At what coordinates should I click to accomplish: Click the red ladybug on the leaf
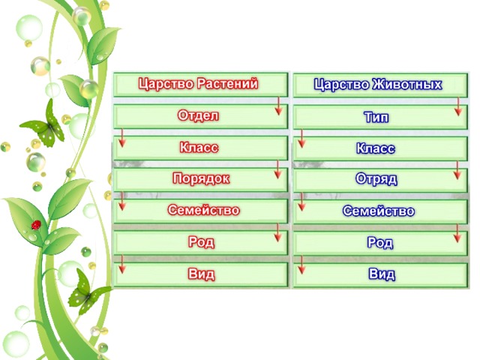coord(37,225)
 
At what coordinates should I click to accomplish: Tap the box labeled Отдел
coord(200,116)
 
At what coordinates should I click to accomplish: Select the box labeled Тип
coord(380,117)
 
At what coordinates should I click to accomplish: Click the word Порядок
coord(201,178)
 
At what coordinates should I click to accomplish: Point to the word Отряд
coord(376,178)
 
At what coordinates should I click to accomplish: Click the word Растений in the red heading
coord(227,83)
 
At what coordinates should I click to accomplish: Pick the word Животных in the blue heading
coord(407,84)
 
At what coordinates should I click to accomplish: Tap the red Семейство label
coord(203,210)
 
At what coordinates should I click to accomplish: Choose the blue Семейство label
coord(379,211)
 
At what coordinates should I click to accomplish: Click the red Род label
coord(201,241)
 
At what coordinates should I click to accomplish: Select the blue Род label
coord(380,243)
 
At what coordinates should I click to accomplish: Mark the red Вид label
coord(201,274)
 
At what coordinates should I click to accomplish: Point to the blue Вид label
coord(382,274)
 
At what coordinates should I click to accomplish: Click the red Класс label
coord(199,147)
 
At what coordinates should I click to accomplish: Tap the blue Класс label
coord(376,148)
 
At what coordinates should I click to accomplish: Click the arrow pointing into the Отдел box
coord(278,106)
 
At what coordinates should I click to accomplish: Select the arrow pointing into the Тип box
coord(458,106)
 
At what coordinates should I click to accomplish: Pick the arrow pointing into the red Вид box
coord(122,264)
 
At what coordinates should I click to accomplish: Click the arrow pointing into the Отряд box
coord(457,170)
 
